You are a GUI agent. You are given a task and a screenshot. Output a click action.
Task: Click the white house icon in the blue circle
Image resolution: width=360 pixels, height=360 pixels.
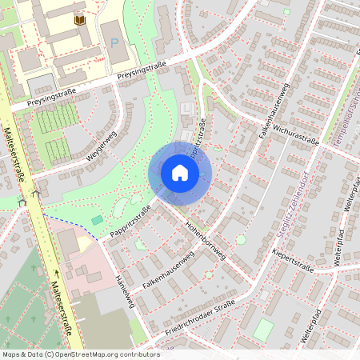point(180,172)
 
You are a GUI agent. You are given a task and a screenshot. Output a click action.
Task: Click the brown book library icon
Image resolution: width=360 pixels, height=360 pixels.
point(79,18)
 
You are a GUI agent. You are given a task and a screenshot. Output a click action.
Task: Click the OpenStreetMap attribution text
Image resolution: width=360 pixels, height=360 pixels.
point(81,354)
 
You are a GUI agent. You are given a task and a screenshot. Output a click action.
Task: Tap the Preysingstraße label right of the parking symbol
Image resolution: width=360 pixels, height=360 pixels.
point(142,70)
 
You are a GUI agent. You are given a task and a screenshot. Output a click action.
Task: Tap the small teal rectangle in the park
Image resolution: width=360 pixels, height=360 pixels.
point(97,219)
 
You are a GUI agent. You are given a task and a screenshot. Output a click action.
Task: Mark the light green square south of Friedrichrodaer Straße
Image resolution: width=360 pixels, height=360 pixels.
point(263,329)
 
